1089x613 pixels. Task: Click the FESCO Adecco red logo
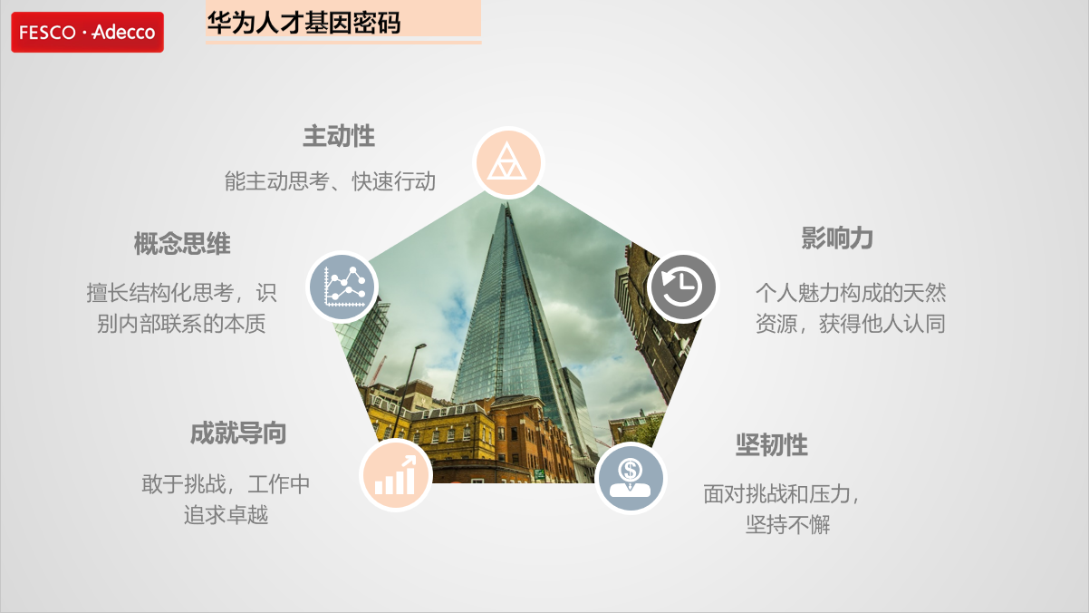(x=88, y=32)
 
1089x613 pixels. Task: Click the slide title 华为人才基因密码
(x=304, y=23)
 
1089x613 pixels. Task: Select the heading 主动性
(x=339, y=136)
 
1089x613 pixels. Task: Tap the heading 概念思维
(x=182, y=244)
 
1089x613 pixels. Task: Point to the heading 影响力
(x=837, y=238)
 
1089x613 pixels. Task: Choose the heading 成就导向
(x=238, y=433)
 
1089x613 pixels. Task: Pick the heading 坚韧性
(x=772, y=444)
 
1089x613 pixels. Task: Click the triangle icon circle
(x=508, y=162)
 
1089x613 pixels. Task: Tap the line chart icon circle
(x=342, y=287)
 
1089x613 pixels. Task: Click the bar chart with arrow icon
(x=396, y=475)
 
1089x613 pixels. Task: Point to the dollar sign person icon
(x=631, y=478)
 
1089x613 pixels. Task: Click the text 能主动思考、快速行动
(x=330, y=181)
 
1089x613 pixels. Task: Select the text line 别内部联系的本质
(x=181, y=324)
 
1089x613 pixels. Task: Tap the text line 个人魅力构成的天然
(x=851, y=293)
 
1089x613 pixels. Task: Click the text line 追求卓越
(x=226, y=515)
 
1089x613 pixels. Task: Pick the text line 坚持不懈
(x=788, y=524)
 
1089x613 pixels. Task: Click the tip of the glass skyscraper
(x=507, y=204)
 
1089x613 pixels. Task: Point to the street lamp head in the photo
(x=420, y=345)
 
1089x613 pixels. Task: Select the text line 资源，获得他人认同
(x=851, y=324)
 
